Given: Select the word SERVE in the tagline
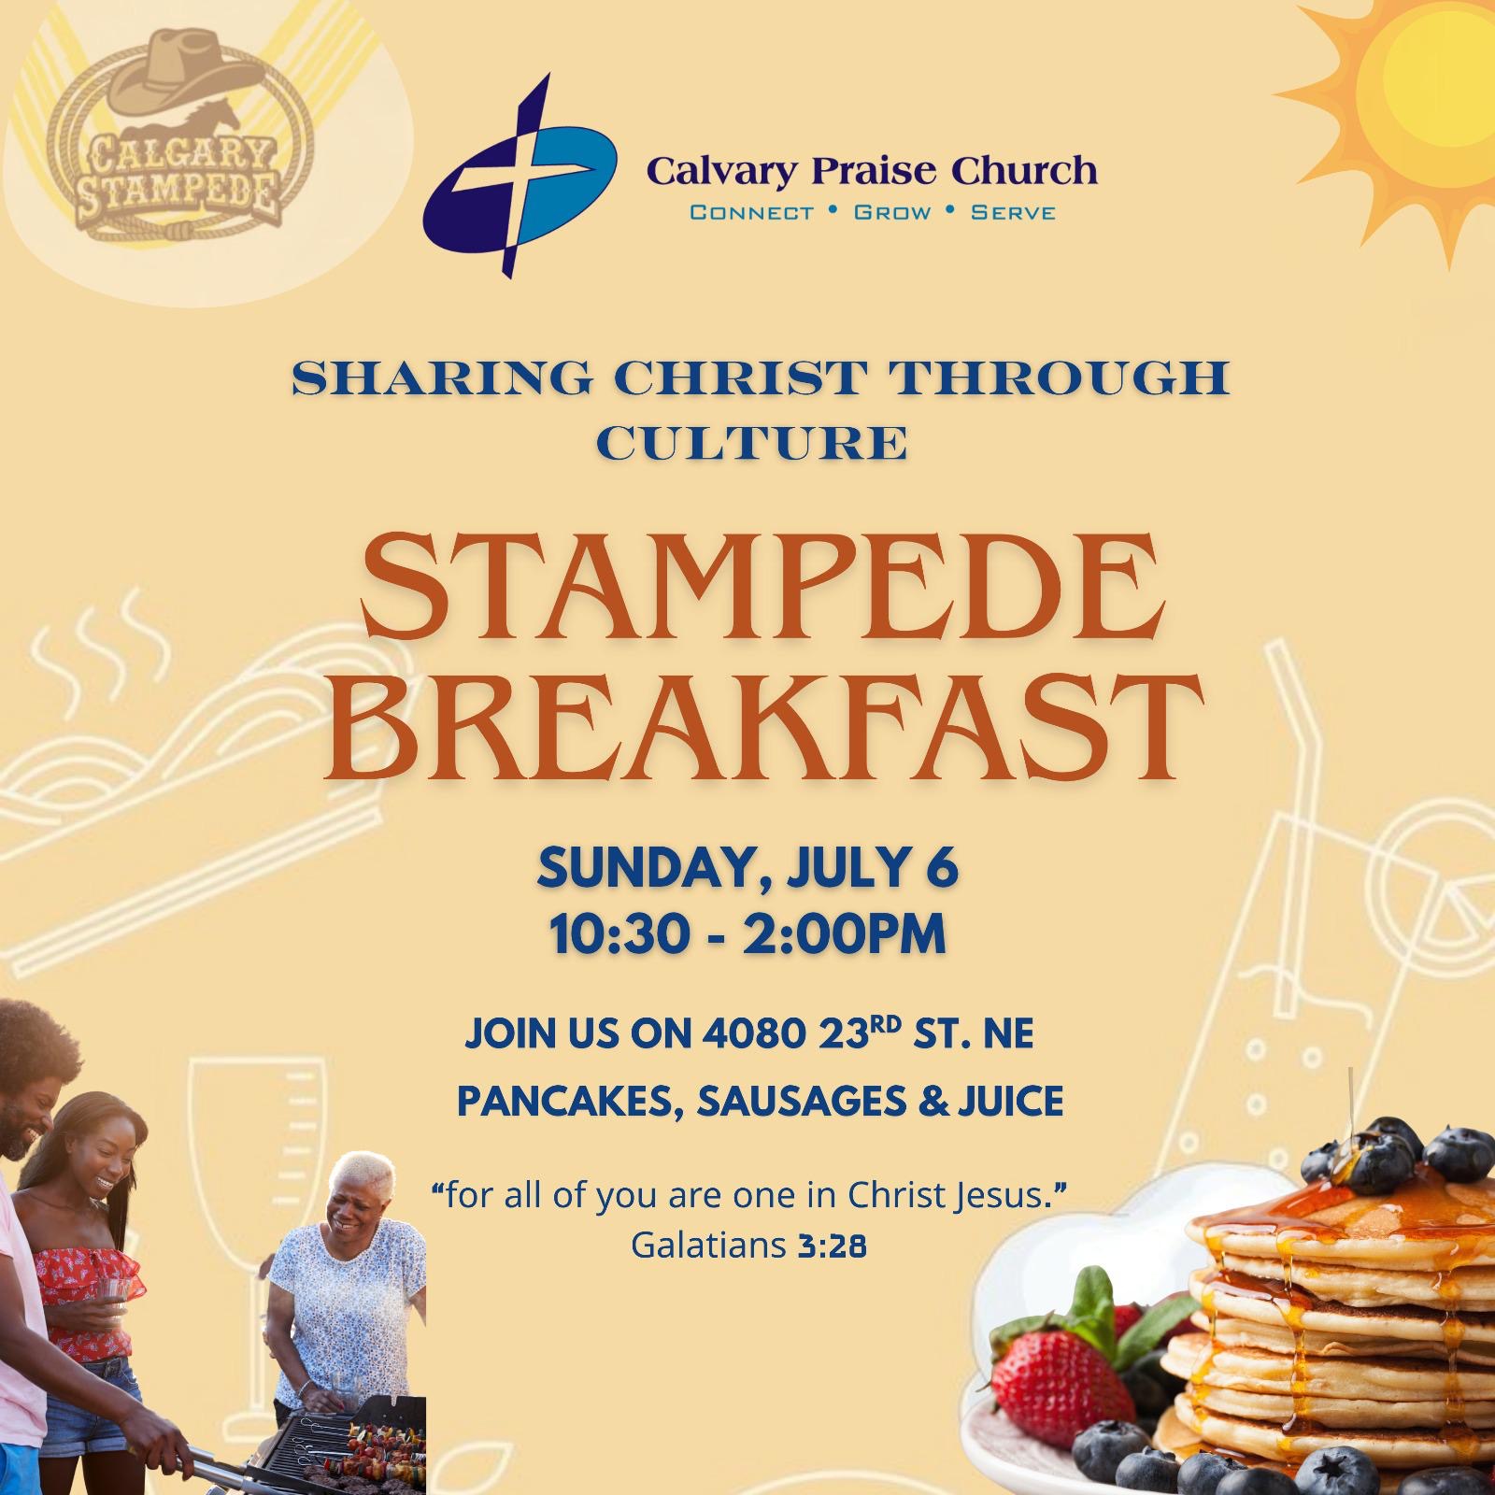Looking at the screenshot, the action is pos(1013,213).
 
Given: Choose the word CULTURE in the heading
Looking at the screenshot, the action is pos(752,443).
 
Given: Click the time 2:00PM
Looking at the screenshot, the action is pos(845,934).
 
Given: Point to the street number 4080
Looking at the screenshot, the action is pos(755,1034).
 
